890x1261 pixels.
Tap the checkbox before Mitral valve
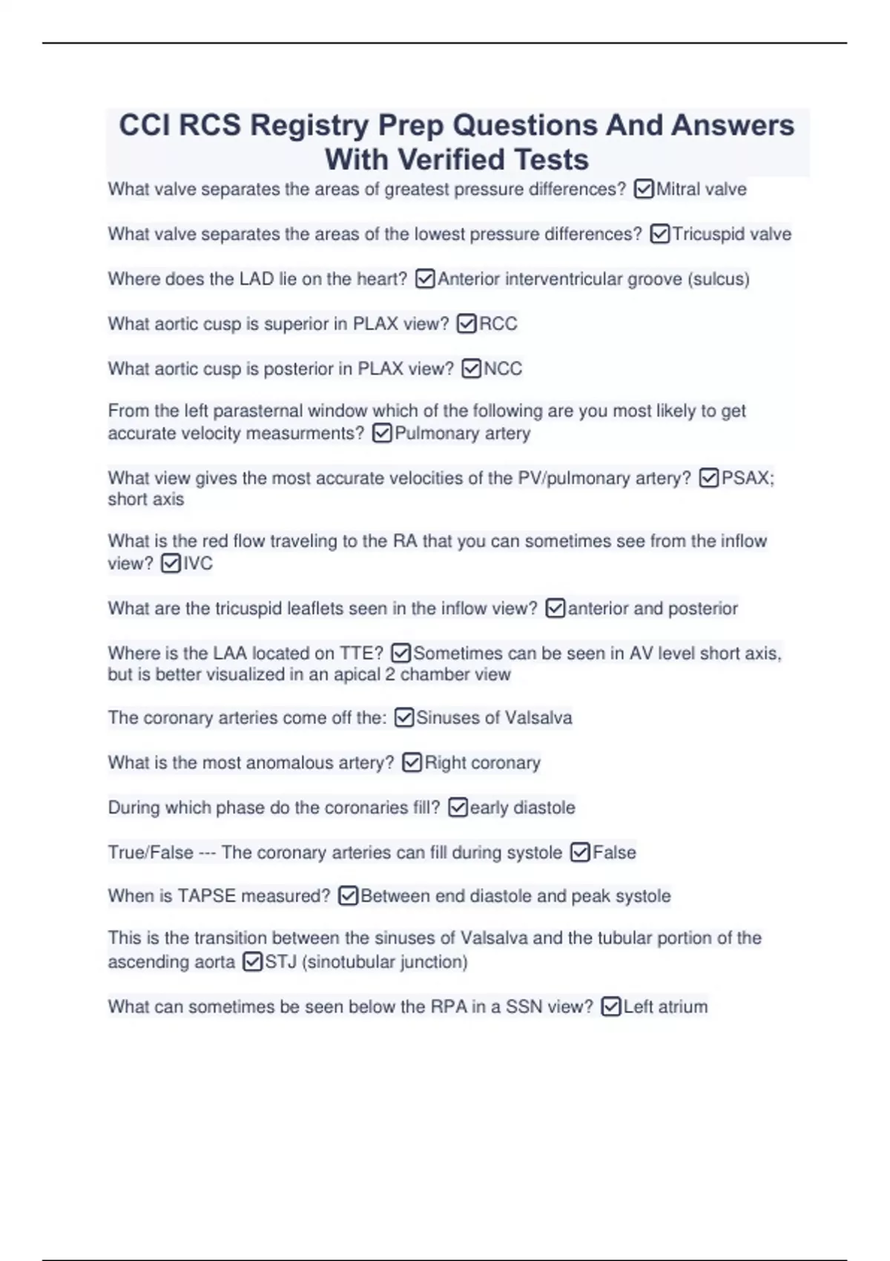point(644,190)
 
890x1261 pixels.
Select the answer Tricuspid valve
point(731,234)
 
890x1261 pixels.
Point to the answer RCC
point(498,324)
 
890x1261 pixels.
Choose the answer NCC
point(503,369)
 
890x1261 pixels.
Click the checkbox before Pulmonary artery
point(382,433)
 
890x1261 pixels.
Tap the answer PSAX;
point(748,478)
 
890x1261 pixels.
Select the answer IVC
point(198,564)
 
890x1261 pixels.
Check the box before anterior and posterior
point(555,609)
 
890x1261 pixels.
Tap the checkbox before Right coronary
point(412,763)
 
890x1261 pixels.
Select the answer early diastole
point(522,808)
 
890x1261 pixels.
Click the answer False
point(614,853)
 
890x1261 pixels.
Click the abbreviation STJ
point(280,962)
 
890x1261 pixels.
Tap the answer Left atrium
point(665,1007)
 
